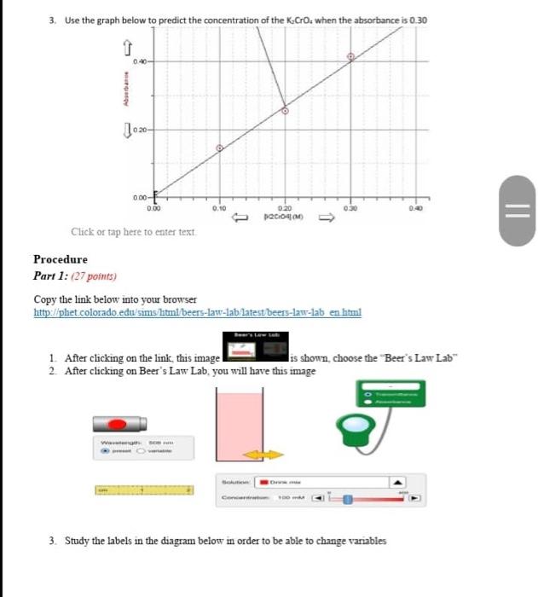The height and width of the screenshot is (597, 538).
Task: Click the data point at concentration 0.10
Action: click(x=219, y=148)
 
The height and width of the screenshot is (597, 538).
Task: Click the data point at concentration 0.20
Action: click(x=286, y=110)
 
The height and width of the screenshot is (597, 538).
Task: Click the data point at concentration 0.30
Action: click(x=350, y=57)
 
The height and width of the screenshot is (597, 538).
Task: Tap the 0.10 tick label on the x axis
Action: click(x=219, y=207)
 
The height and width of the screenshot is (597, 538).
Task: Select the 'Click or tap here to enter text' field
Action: click(x=134, y=231)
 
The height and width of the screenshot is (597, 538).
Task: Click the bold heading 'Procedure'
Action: click(x=61, y=259)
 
